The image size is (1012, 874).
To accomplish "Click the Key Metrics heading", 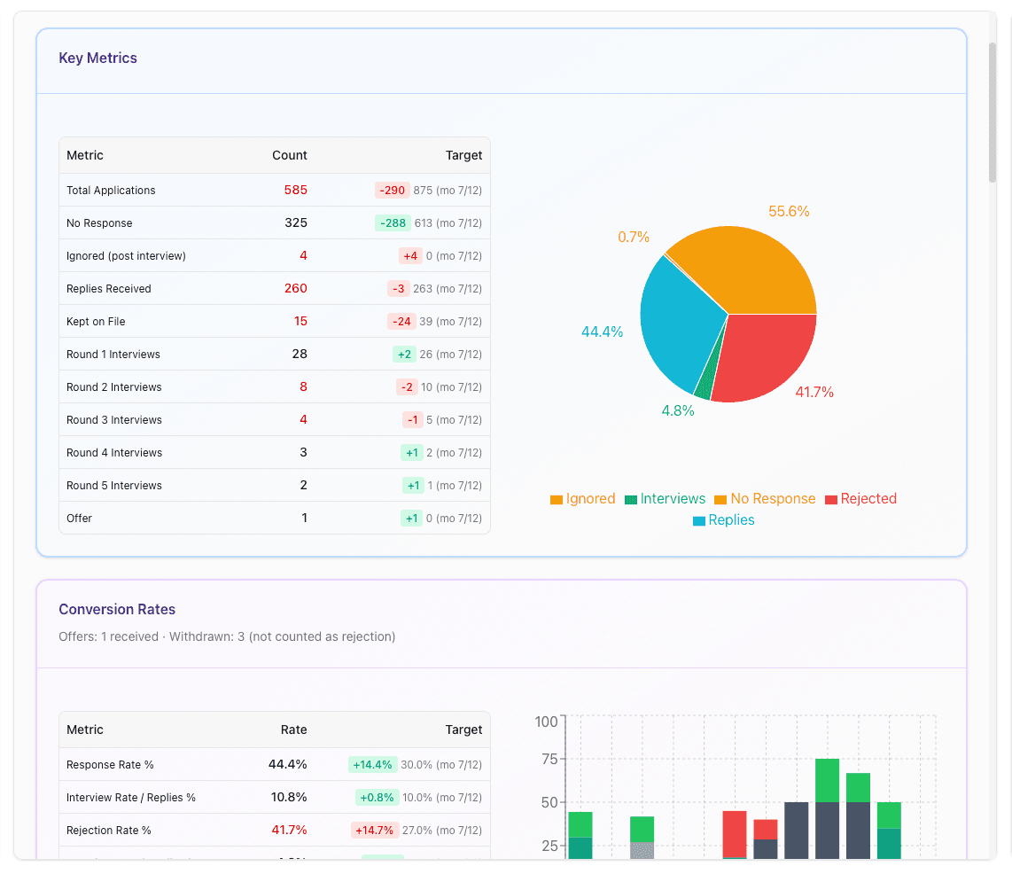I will tap(97, 59).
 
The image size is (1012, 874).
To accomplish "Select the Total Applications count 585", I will tap(295, 190).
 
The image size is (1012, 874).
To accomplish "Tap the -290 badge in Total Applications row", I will tap(391, 190).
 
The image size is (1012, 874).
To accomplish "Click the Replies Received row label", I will tap(108, 289).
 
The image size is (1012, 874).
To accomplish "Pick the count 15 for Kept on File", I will tap(300, 321).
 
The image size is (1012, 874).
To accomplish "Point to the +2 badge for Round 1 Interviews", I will tap(404, 354).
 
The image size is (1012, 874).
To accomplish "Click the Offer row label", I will tap(79, 518).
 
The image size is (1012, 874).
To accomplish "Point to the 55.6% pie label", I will tap(789, 211).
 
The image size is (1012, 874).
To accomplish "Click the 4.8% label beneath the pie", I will tap(678, 410).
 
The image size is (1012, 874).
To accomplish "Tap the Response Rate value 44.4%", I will tap(287, 764).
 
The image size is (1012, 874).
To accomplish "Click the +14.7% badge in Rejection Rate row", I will tap(374, 830).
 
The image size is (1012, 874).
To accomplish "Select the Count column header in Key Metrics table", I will tap(289, 155).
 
